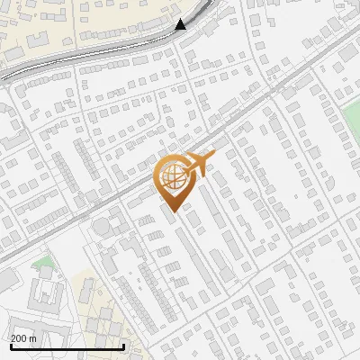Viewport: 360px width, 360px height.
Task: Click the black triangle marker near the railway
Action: (181, 24)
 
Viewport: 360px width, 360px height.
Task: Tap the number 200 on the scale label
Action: (20, 338)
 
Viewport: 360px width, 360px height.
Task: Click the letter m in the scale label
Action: (33, 338)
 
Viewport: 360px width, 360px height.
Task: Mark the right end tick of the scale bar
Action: (123, 344)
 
